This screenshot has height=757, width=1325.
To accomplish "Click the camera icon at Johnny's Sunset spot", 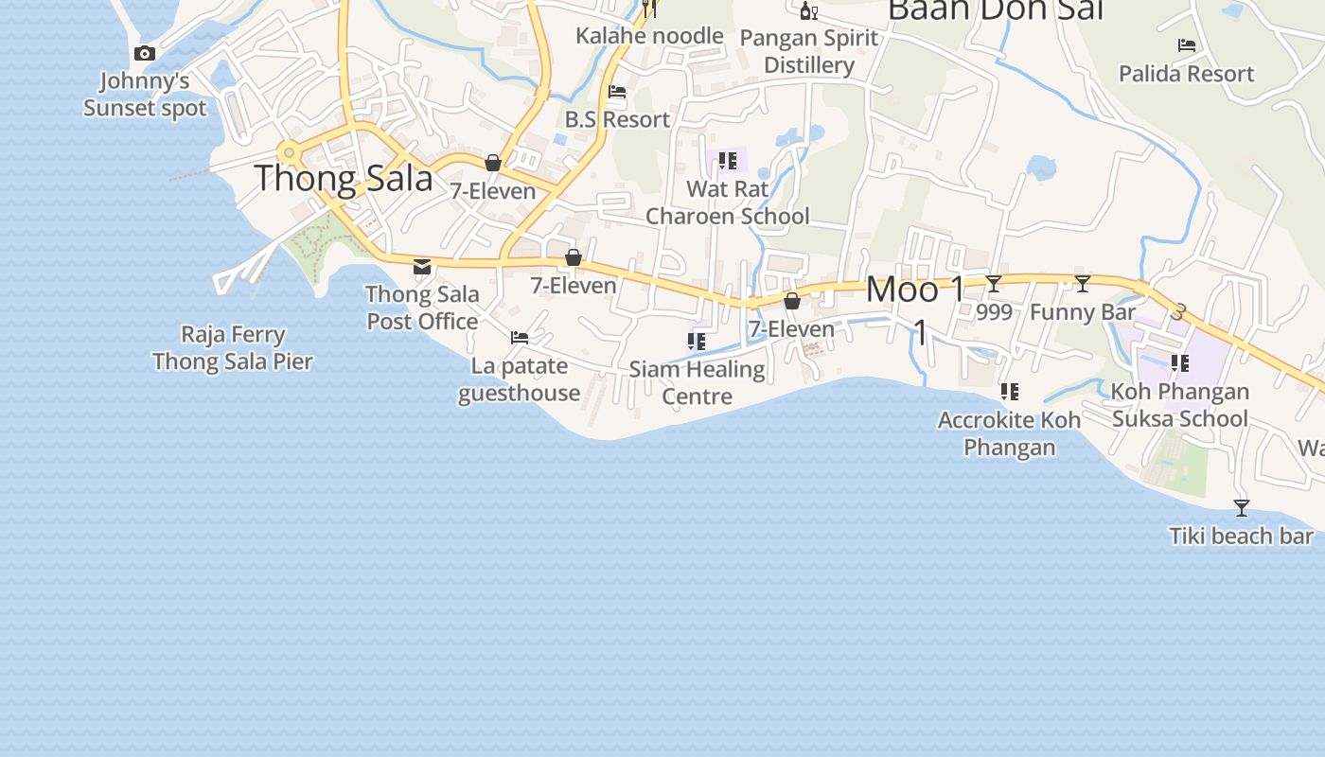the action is click(x=145, y=54).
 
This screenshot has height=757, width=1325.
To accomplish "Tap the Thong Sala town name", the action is click(x=344, y=179).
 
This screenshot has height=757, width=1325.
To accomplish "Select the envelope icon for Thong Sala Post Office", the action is click(x=422, y=267).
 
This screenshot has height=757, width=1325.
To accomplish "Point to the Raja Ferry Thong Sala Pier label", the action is click(x=233, y=348).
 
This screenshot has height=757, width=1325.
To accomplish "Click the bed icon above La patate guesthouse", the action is click(x=520, y=337).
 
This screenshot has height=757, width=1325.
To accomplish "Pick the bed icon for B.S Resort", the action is click(x=617, y=93).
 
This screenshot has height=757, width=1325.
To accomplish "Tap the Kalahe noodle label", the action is click(x=649, y=36).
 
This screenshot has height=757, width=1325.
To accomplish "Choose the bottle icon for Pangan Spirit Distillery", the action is click(x=808, y=11).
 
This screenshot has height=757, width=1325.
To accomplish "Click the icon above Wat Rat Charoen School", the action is click(x=727, y=161).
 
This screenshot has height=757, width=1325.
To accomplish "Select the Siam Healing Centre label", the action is click(x=697, y=382).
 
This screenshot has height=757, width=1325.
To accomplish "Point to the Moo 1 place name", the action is click(x=916, y=290).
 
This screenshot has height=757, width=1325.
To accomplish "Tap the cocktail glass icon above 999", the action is click(x=994, y=284).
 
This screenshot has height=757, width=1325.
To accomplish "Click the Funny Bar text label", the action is click(x=1083, y=312).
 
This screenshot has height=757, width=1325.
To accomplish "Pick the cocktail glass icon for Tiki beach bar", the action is click(x=1242, y=508).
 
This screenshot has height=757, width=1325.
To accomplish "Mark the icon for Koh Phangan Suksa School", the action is click(x=1179, y=362).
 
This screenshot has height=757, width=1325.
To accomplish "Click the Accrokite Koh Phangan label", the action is click(x=1010, y=433).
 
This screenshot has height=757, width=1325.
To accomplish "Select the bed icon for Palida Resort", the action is click(x=1186, y=45).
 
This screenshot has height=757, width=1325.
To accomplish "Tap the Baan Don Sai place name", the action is click(x=996, y=9).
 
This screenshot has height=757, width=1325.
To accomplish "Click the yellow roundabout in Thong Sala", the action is click(x=289, y=152).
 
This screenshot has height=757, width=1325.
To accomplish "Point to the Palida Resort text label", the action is click(x=1186, y=74).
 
